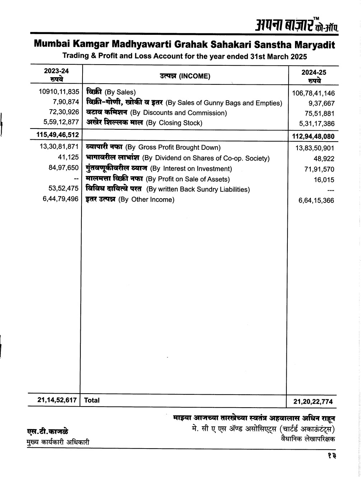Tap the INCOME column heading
tap(185, 76)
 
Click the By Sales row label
tap(111, 93)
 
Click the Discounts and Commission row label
tap(156, 113)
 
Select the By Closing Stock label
tap(144, 123)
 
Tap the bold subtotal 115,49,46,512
tap(57, 134)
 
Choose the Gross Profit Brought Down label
tap(153, 147)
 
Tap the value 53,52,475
tap(64, 189)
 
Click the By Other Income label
tap(130, 199)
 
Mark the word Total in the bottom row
tap(92, 400)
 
